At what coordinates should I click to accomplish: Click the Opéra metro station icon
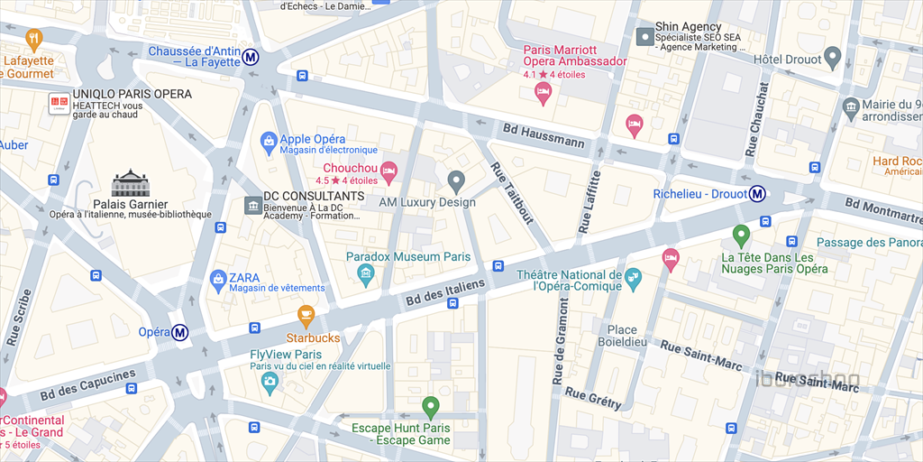tap(180, 333)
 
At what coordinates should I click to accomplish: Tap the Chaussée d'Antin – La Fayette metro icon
tap(251, 57)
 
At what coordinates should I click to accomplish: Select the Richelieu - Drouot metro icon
tap(759, 193)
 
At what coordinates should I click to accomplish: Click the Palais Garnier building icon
tap(129, 183)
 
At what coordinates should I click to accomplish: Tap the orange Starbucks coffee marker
tap(306, 316)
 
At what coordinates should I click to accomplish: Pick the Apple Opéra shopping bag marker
tap(268, 141)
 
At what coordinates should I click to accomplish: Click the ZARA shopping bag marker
tap(217, 280)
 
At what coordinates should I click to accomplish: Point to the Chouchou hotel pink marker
tap(388, 170)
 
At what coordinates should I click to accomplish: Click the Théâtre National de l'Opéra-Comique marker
tap(633, 278)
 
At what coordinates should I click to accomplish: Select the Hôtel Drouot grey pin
tap(833, 59)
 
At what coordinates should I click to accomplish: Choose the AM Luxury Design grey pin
tap(456, 181)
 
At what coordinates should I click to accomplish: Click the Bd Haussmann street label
tap(544, 136)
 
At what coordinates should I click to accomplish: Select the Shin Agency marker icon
tap(644, 37)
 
